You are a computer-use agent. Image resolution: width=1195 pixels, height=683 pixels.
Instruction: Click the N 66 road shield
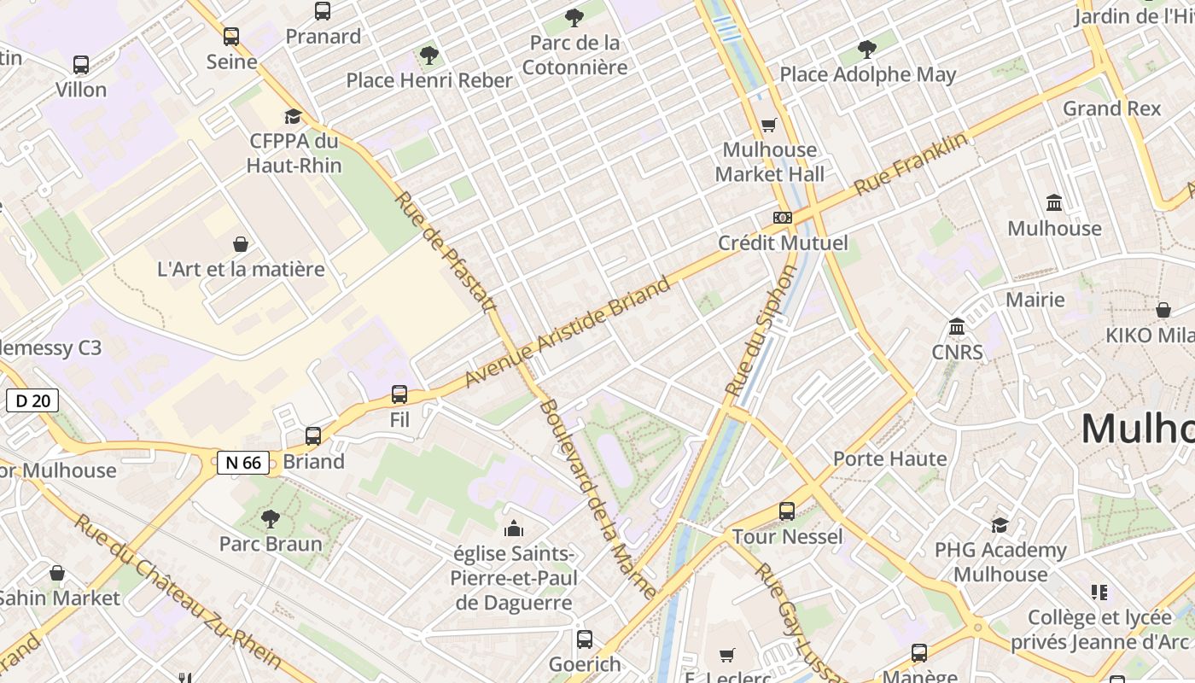243,463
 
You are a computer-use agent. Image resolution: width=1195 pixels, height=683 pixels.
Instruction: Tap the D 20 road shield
32,400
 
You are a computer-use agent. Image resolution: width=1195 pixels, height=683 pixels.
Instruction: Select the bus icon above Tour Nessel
787,511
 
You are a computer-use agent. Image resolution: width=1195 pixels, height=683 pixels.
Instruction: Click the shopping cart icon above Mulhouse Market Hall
768,126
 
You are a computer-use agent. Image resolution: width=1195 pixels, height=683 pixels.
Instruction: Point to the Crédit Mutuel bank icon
782,218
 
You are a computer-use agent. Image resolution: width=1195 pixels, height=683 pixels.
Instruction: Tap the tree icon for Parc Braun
271,518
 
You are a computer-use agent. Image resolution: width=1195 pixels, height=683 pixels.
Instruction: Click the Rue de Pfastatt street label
446,252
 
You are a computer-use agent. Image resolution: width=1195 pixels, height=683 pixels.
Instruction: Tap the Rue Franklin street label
912,163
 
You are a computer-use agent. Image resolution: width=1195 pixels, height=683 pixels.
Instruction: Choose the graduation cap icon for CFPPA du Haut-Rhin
294,116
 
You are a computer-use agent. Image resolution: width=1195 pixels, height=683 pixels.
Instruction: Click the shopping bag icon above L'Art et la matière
241,244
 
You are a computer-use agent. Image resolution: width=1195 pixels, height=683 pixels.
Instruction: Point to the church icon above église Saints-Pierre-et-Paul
513,528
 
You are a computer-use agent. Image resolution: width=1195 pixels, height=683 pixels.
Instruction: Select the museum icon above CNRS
957,327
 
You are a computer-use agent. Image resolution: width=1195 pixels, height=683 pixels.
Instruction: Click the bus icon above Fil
399,394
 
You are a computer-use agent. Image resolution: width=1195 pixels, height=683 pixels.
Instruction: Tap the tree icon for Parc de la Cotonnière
574,17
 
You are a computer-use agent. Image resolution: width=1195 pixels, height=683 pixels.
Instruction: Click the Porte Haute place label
889,458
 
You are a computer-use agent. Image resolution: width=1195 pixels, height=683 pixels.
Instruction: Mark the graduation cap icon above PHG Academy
1000,525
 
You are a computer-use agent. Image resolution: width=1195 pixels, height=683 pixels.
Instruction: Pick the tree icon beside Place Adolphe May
867,50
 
